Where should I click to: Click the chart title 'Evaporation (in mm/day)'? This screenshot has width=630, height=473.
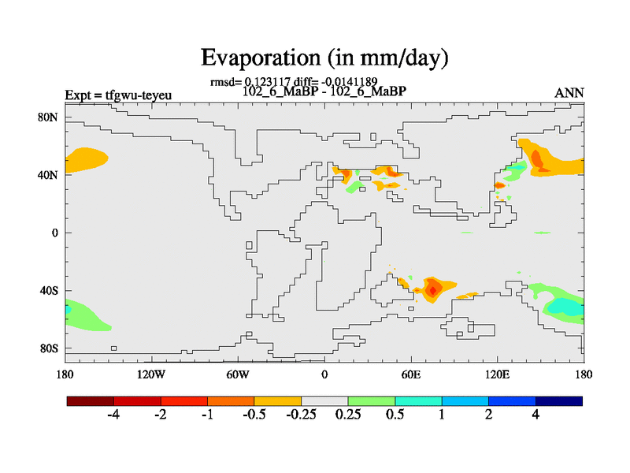pos(324,58)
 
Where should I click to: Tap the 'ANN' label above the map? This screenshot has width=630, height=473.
pos(569,93)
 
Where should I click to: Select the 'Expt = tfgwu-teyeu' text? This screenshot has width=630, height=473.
pos(118,96)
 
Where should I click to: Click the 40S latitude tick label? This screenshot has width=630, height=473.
pos(49,290)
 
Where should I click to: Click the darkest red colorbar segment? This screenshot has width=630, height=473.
pos(91,401)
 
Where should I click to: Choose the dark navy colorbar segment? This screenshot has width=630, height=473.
pos(559,401)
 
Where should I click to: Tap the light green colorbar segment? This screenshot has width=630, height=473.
pos(372,401)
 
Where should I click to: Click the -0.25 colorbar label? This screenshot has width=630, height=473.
pos(301,415)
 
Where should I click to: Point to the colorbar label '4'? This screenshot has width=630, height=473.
pos(535,415)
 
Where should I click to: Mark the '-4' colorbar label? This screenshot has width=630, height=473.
pos(113,415)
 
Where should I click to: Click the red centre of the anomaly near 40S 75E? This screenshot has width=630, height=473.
pos(432,290)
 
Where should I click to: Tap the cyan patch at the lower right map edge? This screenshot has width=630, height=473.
pos(569,305)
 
